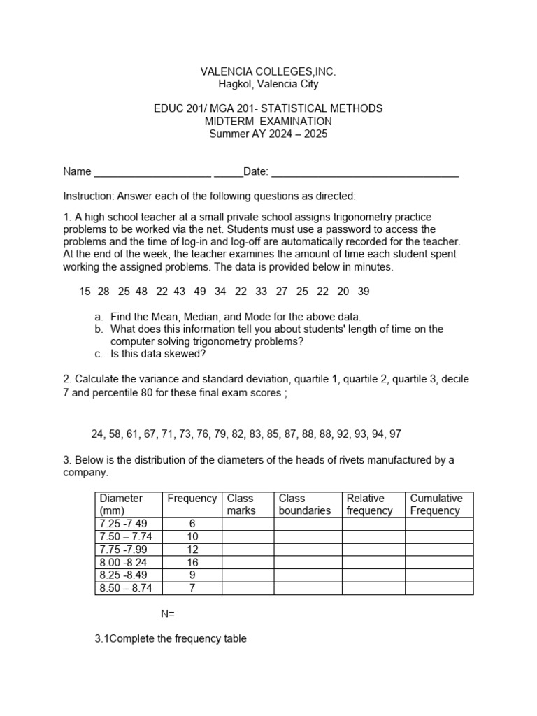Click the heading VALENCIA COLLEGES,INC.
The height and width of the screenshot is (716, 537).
268,71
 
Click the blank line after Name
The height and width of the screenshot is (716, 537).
152,172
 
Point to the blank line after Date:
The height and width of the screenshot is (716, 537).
364,172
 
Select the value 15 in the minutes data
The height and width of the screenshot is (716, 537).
85,291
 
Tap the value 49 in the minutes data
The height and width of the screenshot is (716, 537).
200,291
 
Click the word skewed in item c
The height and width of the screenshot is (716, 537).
185,354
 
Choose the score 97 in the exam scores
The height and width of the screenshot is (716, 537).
395,434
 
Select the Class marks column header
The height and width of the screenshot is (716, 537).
241,504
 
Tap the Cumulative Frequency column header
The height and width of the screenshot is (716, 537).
436,504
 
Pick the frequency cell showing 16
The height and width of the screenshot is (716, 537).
192,562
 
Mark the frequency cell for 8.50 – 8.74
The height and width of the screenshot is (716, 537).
192,588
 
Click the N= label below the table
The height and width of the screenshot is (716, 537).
167,614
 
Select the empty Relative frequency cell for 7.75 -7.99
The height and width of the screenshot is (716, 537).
373,550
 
